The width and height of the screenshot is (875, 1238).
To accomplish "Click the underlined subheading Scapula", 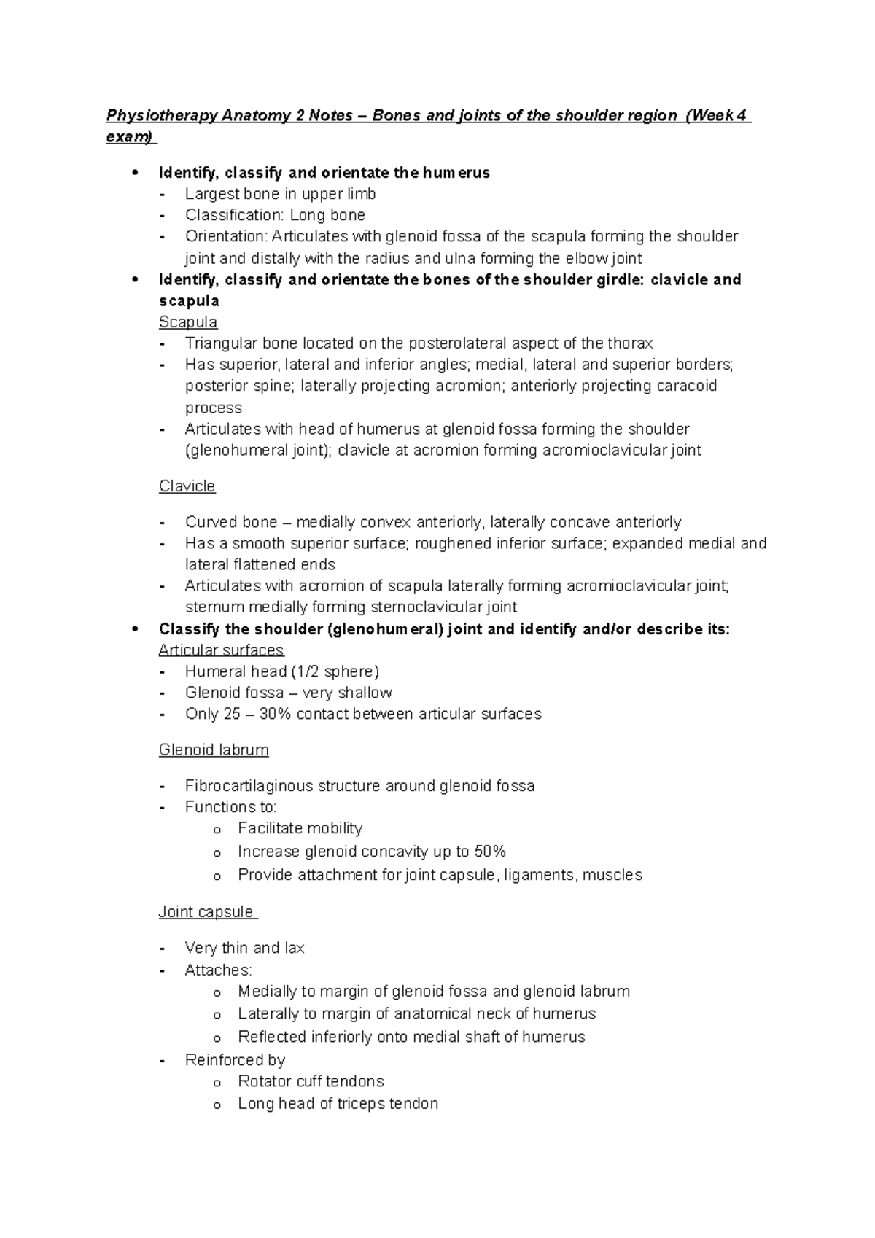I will pyautogui.click(x=188, y=322).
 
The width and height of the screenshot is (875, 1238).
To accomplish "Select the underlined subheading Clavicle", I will pyautogui.click(x=187, y=486).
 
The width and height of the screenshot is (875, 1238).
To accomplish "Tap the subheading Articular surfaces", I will pyautogui.click(x=221, y=650).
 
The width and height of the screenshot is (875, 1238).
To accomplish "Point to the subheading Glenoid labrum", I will pyautogui.click(x=214, y=750).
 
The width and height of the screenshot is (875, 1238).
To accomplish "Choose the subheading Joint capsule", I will pyautogui.click(x=206, y=912).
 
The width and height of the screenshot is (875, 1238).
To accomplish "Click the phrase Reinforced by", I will pyautogui.click(x=235, y=1060).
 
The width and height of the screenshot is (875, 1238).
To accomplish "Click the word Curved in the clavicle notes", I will pyautogui.click(x=211, y=522).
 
